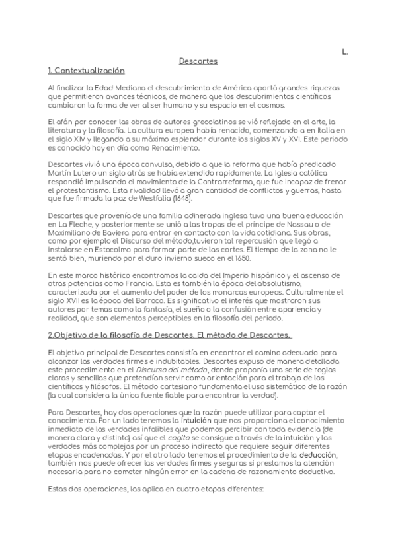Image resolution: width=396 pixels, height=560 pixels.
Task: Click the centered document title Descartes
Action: point(198,61)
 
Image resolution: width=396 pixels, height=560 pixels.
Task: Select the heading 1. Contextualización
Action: point(86,70)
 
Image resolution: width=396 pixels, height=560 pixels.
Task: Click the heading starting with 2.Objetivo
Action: point(171,336)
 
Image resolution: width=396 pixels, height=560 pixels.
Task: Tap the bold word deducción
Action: point(317,456)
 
